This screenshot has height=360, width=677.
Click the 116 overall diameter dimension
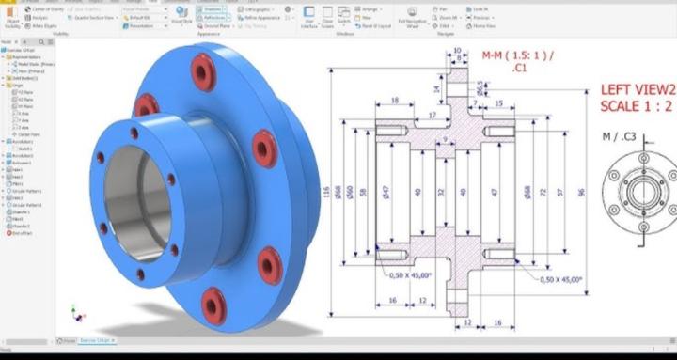pos(327,193)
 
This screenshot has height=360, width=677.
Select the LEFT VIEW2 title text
pos(637,90)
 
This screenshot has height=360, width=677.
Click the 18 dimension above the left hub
pos(394,100)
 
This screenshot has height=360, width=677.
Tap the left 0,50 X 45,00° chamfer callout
pos(408,275)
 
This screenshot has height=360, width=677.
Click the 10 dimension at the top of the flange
pos(458,50)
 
